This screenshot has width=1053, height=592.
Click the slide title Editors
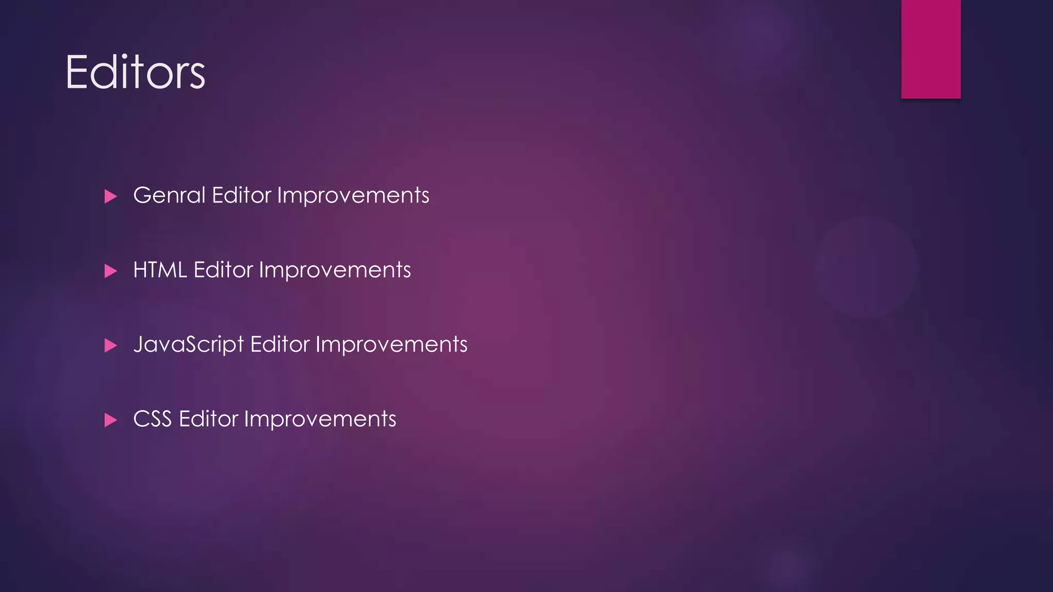[x=135, y=72]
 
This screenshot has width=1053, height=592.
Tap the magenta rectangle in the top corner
[x=931, y=49]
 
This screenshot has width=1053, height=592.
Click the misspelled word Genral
[x=169, y=196]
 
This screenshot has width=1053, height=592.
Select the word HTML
[x=159, y=270]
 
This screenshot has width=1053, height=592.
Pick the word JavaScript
[x=188, y=345]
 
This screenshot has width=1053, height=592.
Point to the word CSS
[x=152, y=419]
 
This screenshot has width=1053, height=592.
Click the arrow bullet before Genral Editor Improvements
[x=111, y=196]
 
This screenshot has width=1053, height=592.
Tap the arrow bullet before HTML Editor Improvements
[x=111, y=271]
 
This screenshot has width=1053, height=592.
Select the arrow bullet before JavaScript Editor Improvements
[x=111, y=345]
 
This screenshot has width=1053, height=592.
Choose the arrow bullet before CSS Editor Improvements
[x=111, y=420]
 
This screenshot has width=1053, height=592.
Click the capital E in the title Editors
[x=77, y=72]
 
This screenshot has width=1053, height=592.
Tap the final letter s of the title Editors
[x=196, y=77]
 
